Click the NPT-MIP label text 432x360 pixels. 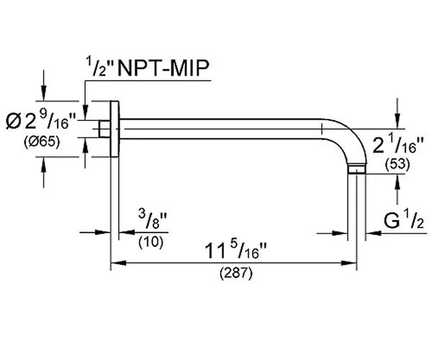click(163, 68)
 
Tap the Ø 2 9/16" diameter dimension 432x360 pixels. click(40, 121)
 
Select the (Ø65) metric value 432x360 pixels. click(42, 143)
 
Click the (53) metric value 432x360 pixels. click(397, 164)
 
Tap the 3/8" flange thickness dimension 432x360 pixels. click(153, 220)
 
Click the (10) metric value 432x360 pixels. click(151, 242)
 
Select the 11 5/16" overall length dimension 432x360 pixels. click(235, 251)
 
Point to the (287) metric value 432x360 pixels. click(236, 274)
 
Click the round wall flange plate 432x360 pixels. click(114, 129)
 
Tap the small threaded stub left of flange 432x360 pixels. click(104, 129)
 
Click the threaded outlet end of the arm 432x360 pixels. click(357, 169)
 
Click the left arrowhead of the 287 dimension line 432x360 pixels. click(119, 263)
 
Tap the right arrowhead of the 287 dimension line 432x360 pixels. click(348, 263)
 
